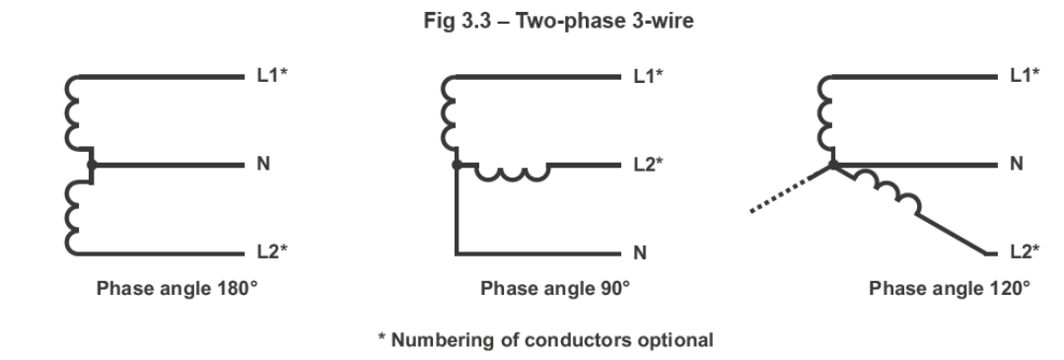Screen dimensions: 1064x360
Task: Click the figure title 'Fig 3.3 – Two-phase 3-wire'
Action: click(558, 21)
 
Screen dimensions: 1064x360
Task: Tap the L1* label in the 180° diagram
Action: click(272, 75)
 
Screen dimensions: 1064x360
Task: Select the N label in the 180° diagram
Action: click(263, 164)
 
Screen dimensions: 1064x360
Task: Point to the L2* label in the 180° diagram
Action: click(272, 252)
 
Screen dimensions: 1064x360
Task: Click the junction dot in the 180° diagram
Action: click(92, 165)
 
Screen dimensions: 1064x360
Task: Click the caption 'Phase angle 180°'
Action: click(177, 288)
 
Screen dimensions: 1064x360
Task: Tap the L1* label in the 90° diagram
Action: click(648, 75)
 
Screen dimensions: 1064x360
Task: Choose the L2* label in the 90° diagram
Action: click(648, 164)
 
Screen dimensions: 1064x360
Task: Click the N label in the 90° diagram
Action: click(640, 252)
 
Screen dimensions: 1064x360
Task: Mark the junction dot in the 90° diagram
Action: click(457, 165)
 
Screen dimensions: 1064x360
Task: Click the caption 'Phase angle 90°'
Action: click(555, 288)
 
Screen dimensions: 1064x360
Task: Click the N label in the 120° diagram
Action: click(1017, 164)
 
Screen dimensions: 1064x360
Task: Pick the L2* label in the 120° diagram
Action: click(1025, 252)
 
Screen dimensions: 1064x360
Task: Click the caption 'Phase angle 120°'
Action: click(950, 288)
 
